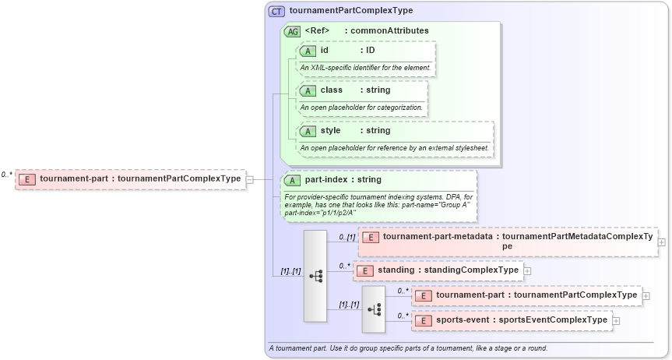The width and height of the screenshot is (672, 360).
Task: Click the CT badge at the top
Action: [276, 11]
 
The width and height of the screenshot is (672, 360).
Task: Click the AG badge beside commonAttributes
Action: [293, 32]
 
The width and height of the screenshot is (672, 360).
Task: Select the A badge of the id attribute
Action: [308, 51]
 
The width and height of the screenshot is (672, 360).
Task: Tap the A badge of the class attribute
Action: [308, 90]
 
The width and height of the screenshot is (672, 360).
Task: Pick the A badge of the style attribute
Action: [308, 131]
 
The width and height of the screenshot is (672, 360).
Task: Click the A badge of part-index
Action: [293, 180]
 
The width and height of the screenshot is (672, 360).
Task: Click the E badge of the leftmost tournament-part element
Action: [27, 179]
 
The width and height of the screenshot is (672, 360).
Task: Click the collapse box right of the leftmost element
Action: [249, 179]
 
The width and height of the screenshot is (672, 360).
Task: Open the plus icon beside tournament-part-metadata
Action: [661, 242]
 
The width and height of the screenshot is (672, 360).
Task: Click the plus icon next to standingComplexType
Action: [527, 270]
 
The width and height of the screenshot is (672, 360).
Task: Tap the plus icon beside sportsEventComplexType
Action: [616, 320]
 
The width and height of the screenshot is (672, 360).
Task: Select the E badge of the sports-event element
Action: [423, 320]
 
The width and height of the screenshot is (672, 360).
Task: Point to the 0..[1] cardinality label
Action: [347, 237]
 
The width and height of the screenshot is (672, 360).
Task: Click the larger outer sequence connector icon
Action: [315, 276]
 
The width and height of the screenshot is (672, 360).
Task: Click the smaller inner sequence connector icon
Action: [374, 309]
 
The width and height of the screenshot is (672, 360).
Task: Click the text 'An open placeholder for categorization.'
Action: [361, 107]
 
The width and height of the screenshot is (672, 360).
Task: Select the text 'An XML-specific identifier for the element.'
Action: [365, 67]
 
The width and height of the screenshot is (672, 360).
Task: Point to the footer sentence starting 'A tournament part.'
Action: [407, 348]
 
